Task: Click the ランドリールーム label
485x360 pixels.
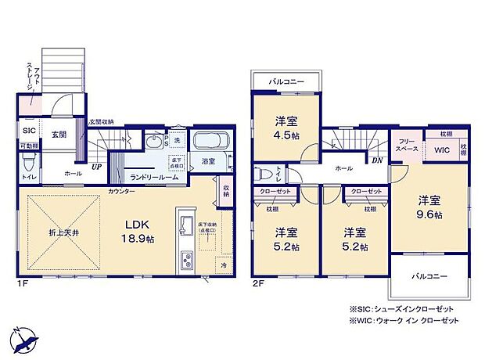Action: click(x=154, y=178)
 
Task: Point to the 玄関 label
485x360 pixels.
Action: click(x=59, y=135)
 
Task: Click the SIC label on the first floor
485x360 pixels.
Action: click(x=29, y=131)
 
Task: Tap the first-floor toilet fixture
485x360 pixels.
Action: click(x=28, y=163)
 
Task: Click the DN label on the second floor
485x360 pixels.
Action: click(x=378, y=161)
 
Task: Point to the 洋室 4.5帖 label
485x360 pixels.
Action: click(x=286, y=127)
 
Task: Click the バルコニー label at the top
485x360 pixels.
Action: click(x=286, y=81)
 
